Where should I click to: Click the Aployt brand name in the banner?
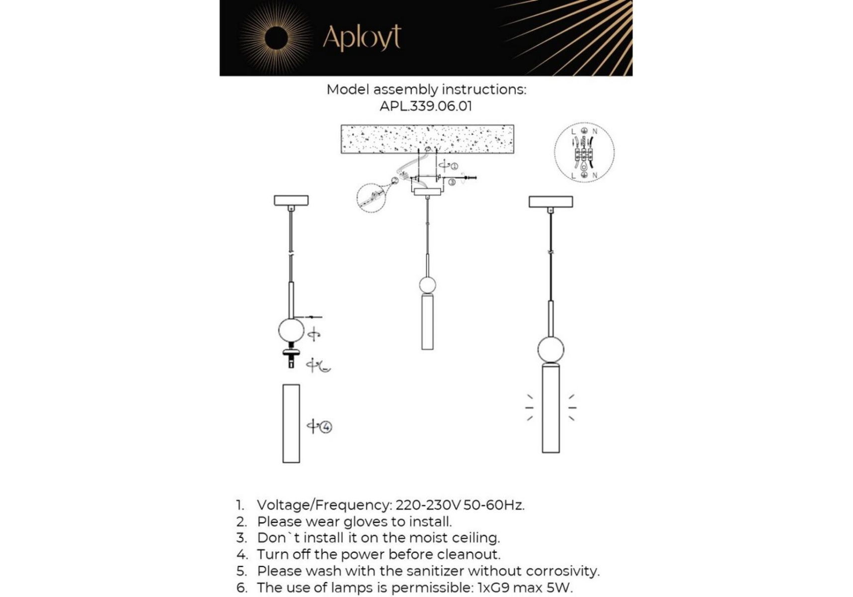[x=362, y=37]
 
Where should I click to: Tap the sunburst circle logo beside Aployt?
[x=276, y=38]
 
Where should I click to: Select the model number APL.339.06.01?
[x=426, y=106]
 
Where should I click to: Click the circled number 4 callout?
[x=326, y=427]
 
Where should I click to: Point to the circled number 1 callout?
[x=454, y=166]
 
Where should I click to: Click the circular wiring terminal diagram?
[x=584, y=152]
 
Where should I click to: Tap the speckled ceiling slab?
[x=427, y=139]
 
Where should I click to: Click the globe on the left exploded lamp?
[x=291, y=330]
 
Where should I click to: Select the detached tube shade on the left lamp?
[x=291, y=423]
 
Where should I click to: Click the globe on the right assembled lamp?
[x=551, y=350]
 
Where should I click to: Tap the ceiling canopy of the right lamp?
[x=551, y=201]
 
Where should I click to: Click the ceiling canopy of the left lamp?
[x=291, y=200]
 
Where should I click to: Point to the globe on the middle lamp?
[x=427, y=285]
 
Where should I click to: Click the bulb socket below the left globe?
[x=291, y=357]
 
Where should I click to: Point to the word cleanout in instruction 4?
[x=468, y=554]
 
